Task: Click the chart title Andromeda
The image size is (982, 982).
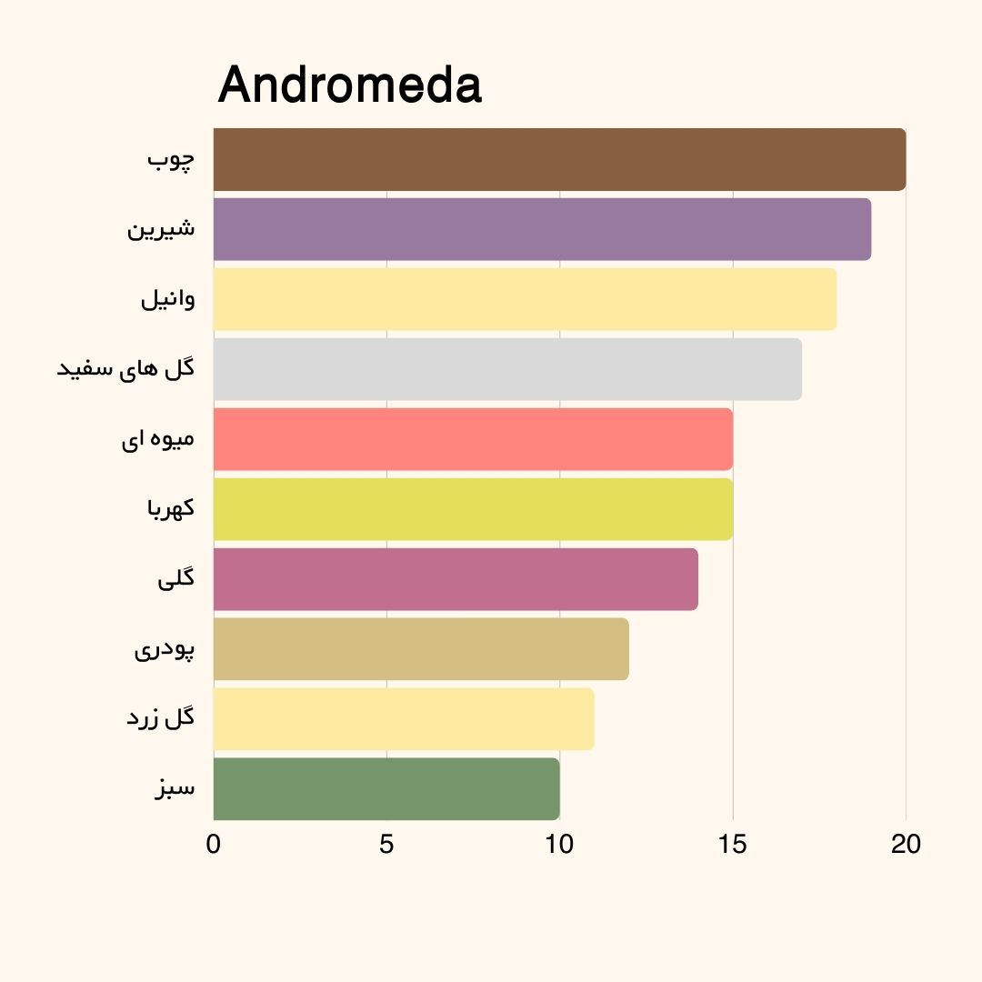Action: pyautogui.click(x=350, y=85)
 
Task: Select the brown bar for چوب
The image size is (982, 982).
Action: pyautogui.click(x=559, y=160)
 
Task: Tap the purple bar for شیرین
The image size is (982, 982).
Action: pyautogui.click(x=542, y=229)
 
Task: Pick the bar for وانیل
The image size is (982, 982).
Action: pyautogui.click(x=525, y=299)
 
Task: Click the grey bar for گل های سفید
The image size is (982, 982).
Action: pyautogui.click(x=507, y=369)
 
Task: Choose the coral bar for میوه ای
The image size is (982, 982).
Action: pyautogui.click(x=473, y=439)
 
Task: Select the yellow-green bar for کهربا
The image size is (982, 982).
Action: pyautogui.click(x=473, y=509)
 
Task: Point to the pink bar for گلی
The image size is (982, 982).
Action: pyautogui.click(x=456, y=579)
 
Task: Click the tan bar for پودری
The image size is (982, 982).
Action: pyautogui.click(x=421, y=649)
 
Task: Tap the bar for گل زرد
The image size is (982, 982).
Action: pyautogui.click(x=404, y=719)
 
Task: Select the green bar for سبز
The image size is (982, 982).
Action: pyautogui.click(x=386, y=789)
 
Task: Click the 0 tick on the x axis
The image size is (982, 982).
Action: pyautogui.click(x=214, y=845)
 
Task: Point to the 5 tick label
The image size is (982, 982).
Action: pyautogui.click(x=386, y=845)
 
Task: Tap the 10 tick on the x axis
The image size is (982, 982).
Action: pyautogui.click(x=559, y=845)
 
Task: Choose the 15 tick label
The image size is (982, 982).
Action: pyautogui.click(x=733, y=845)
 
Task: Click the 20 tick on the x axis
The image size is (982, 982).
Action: pyautogui.click(x=906, y=845)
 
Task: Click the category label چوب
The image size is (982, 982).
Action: pyautogui.click(x=171, y=160)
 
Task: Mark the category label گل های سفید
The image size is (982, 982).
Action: pyautogui.click(x=126, y=369)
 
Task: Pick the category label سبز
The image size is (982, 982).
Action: pyautogui.click(x=175, y=789)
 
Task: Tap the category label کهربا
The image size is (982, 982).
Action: pyautogui.click(x=171, y=509)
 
